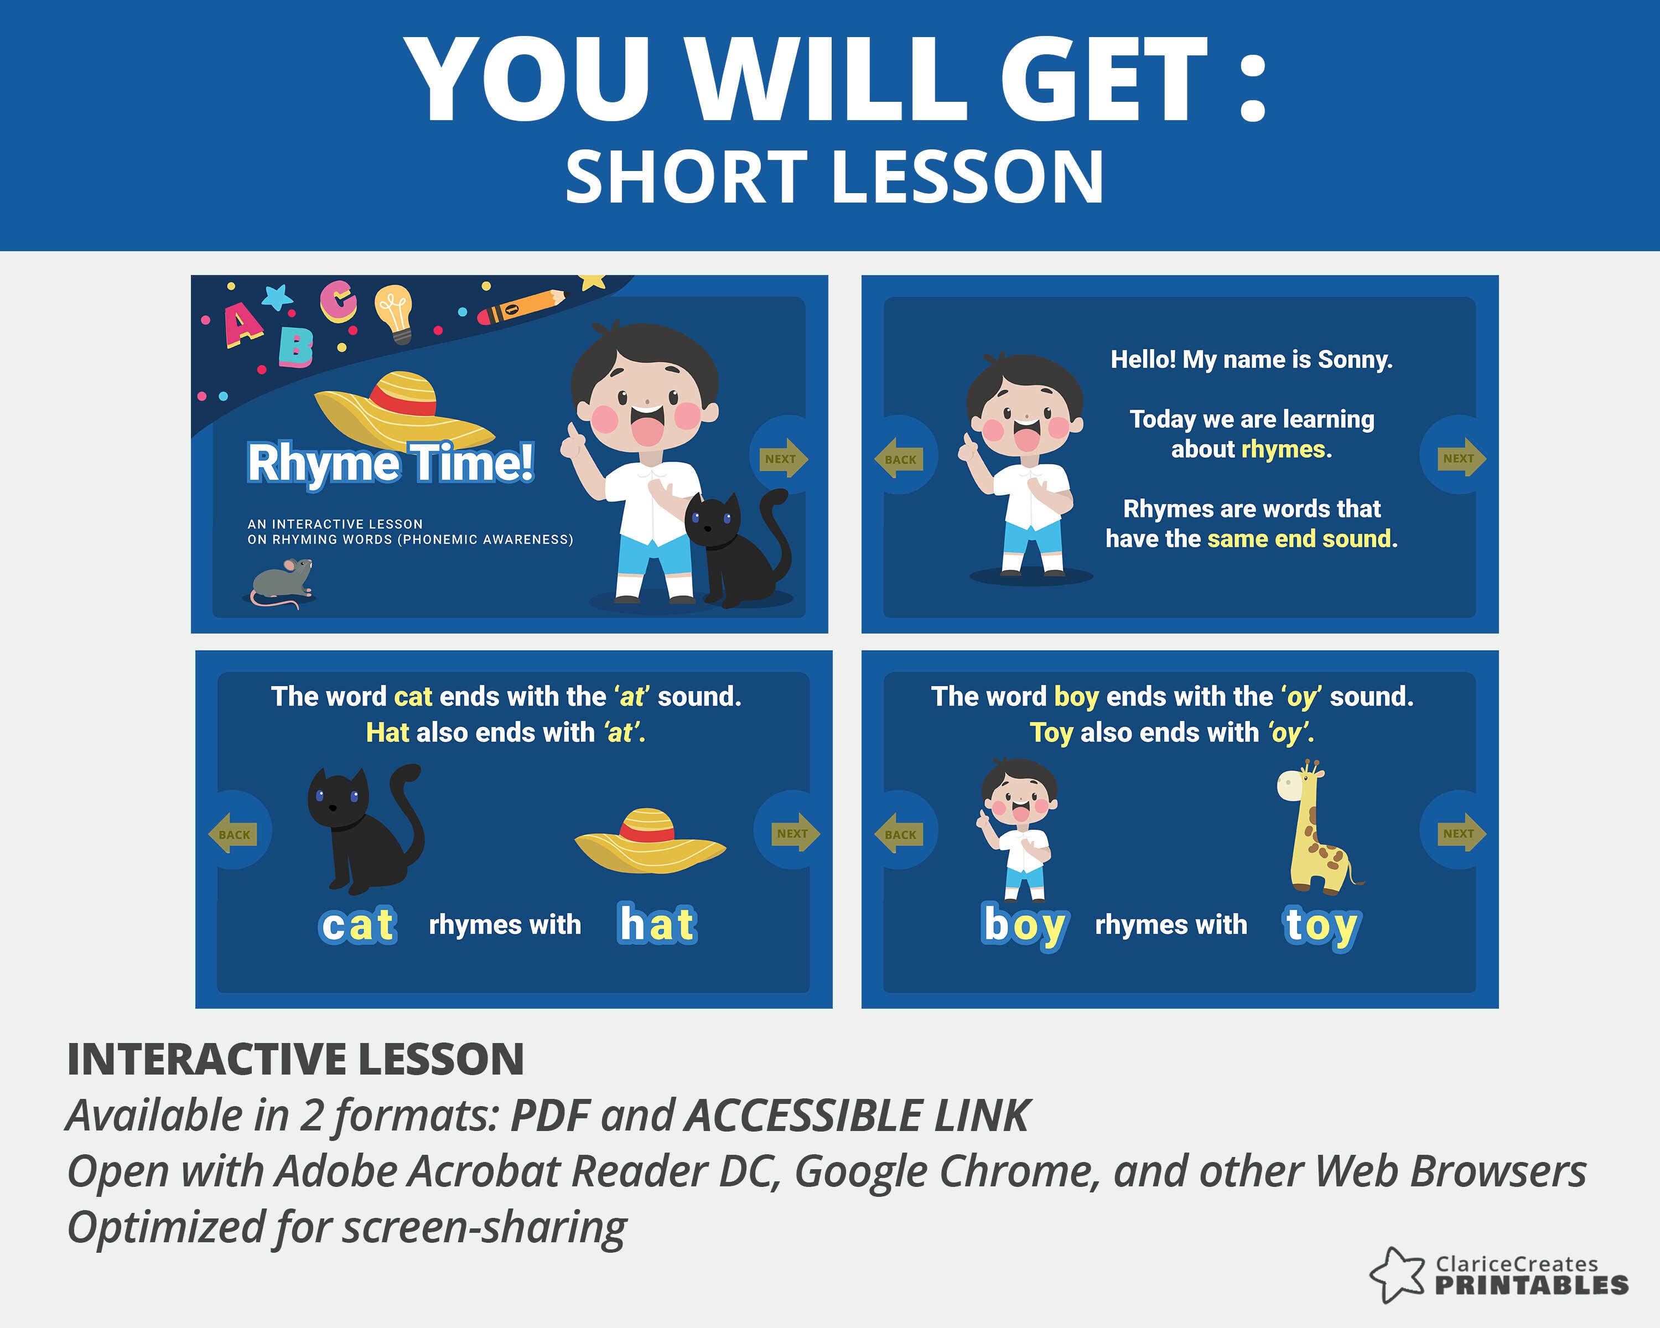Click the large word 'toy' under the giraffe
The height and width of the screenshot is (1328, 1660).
click(1321, 926)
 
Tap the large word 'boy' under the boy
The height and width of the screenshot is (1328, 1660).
click(1025, 926)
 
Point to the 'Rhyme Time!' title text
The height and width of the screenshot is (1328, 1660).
click(390, 463)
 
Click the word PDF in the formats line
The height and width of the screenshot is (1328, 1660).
click(550, 1116)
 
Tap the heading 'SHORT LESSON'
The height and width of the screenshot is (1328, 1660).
click(834, 177)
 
